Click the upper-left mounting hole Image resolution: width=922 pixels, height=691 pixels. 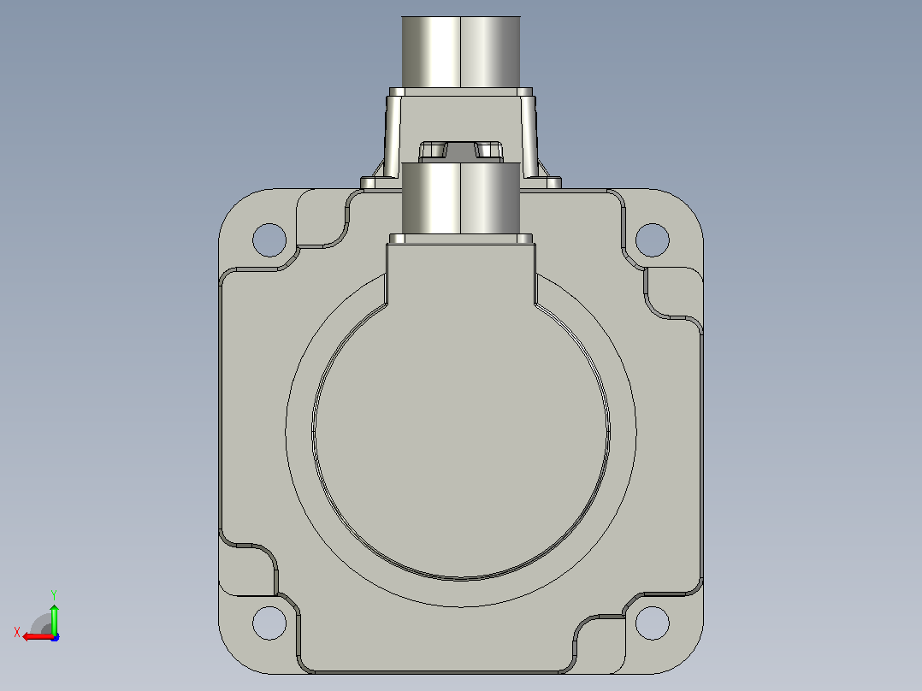click(269, 240)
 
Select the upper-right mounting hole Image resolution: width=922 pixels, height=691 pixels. click(652, 240)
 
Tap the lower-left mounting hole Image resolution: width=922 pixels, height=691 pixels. click(269, 623)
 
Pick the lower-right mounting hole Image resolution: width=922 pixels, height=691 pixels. click(652, 623)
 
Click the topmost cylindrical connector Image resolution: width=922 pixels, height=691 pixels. click(461, 52)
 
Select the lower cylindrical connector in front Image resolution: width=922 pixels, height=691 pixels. click(461, 198)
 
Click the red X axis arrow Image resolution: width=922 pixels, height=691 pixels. click(38, 637)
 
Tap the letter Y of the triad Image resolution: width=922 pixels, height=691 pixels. click(54, 594)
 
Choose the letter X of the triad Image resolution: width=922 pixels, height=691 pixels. click(17, 632)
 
